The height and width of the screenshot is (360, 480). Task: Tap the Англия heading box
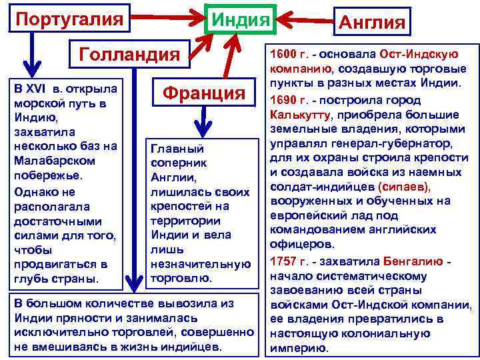coord(372,23)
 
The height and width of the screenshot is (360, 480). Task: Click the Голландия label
coord(129,53)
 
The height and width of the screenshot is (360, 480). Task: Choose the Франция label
coord(206,92)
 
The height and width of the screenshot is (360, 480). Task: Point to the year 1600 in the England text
coord(283,53)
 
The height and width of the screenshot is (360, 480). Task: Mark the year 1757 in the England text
coord(283,259)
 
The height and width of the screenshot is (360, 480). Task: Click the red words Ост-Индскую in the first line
coord(418,53)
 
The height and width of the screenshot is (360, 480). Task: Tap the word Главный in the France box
coord(177,148)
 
